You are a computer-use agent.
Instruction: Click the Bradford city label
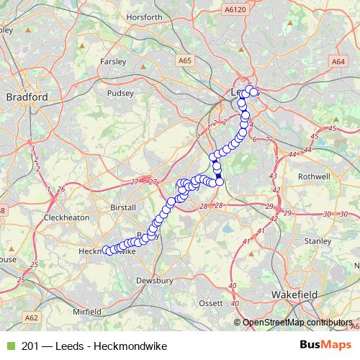tap(26, 96)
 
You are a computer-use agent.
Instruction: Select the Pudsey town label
tap(120, 93)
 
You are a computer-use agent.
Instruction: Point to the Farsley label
tap(114, 61)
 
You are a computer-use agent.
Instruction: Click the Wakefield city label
tap(295, 295)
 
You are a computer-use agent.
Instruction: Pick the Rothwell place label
tap(315, 176)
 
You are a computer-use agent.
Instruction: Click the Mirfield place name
tap(87, 312)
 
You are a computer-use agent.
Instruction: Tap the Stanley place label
tap(318, 240)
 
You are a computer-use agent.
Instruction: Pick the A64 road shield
tap(338, 63)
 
